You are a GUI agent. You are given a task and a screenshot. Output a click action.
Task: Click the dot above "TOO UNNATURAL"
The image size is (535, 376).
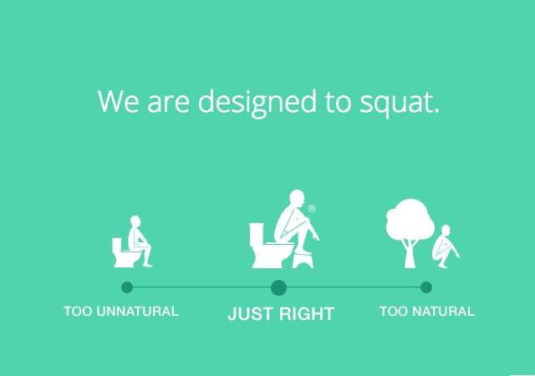(127, 287)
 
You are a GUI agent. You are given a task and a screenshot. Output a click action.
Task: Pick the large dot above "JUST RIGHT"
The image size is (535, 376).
(278, 287)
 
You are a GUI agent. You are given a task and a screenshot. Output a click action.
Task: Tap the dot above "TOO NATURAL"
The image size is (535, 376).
(426, 287)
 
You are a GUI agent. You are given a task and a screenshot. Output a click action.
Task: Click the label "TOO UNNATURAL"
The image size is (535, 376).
(121, 311)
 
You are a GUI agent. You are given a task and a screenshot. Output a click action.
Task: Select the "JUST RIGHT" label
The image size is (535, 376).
(281, 314)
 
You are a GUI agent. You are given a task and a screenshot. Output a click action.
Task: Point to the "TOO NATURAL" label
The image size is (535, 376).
(427, 311)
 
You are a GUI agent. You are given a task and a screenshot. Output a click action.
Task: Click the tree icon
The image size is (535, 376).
(410, 232)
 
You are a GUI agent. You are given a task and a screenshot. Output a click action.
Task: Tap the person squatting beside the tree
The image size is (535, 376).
(446, 246)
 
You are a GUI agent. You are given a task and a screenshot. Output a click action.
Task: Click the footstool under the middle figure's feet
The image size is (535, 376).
(303, 259)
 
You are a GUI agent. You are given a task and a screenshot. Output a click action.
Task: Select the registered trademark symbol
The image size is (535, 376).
(312, 209)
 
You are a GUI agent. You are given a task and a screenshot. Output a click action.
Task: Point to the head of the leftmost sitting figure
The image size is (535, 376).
(135, 221)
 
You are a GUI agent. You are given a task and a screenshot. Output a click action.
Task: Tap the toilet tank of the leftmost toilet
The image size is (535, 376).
(117, 245)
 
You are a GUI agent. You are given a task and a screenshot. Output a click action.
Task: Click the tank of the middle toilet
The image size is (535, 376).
(257, 235)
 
